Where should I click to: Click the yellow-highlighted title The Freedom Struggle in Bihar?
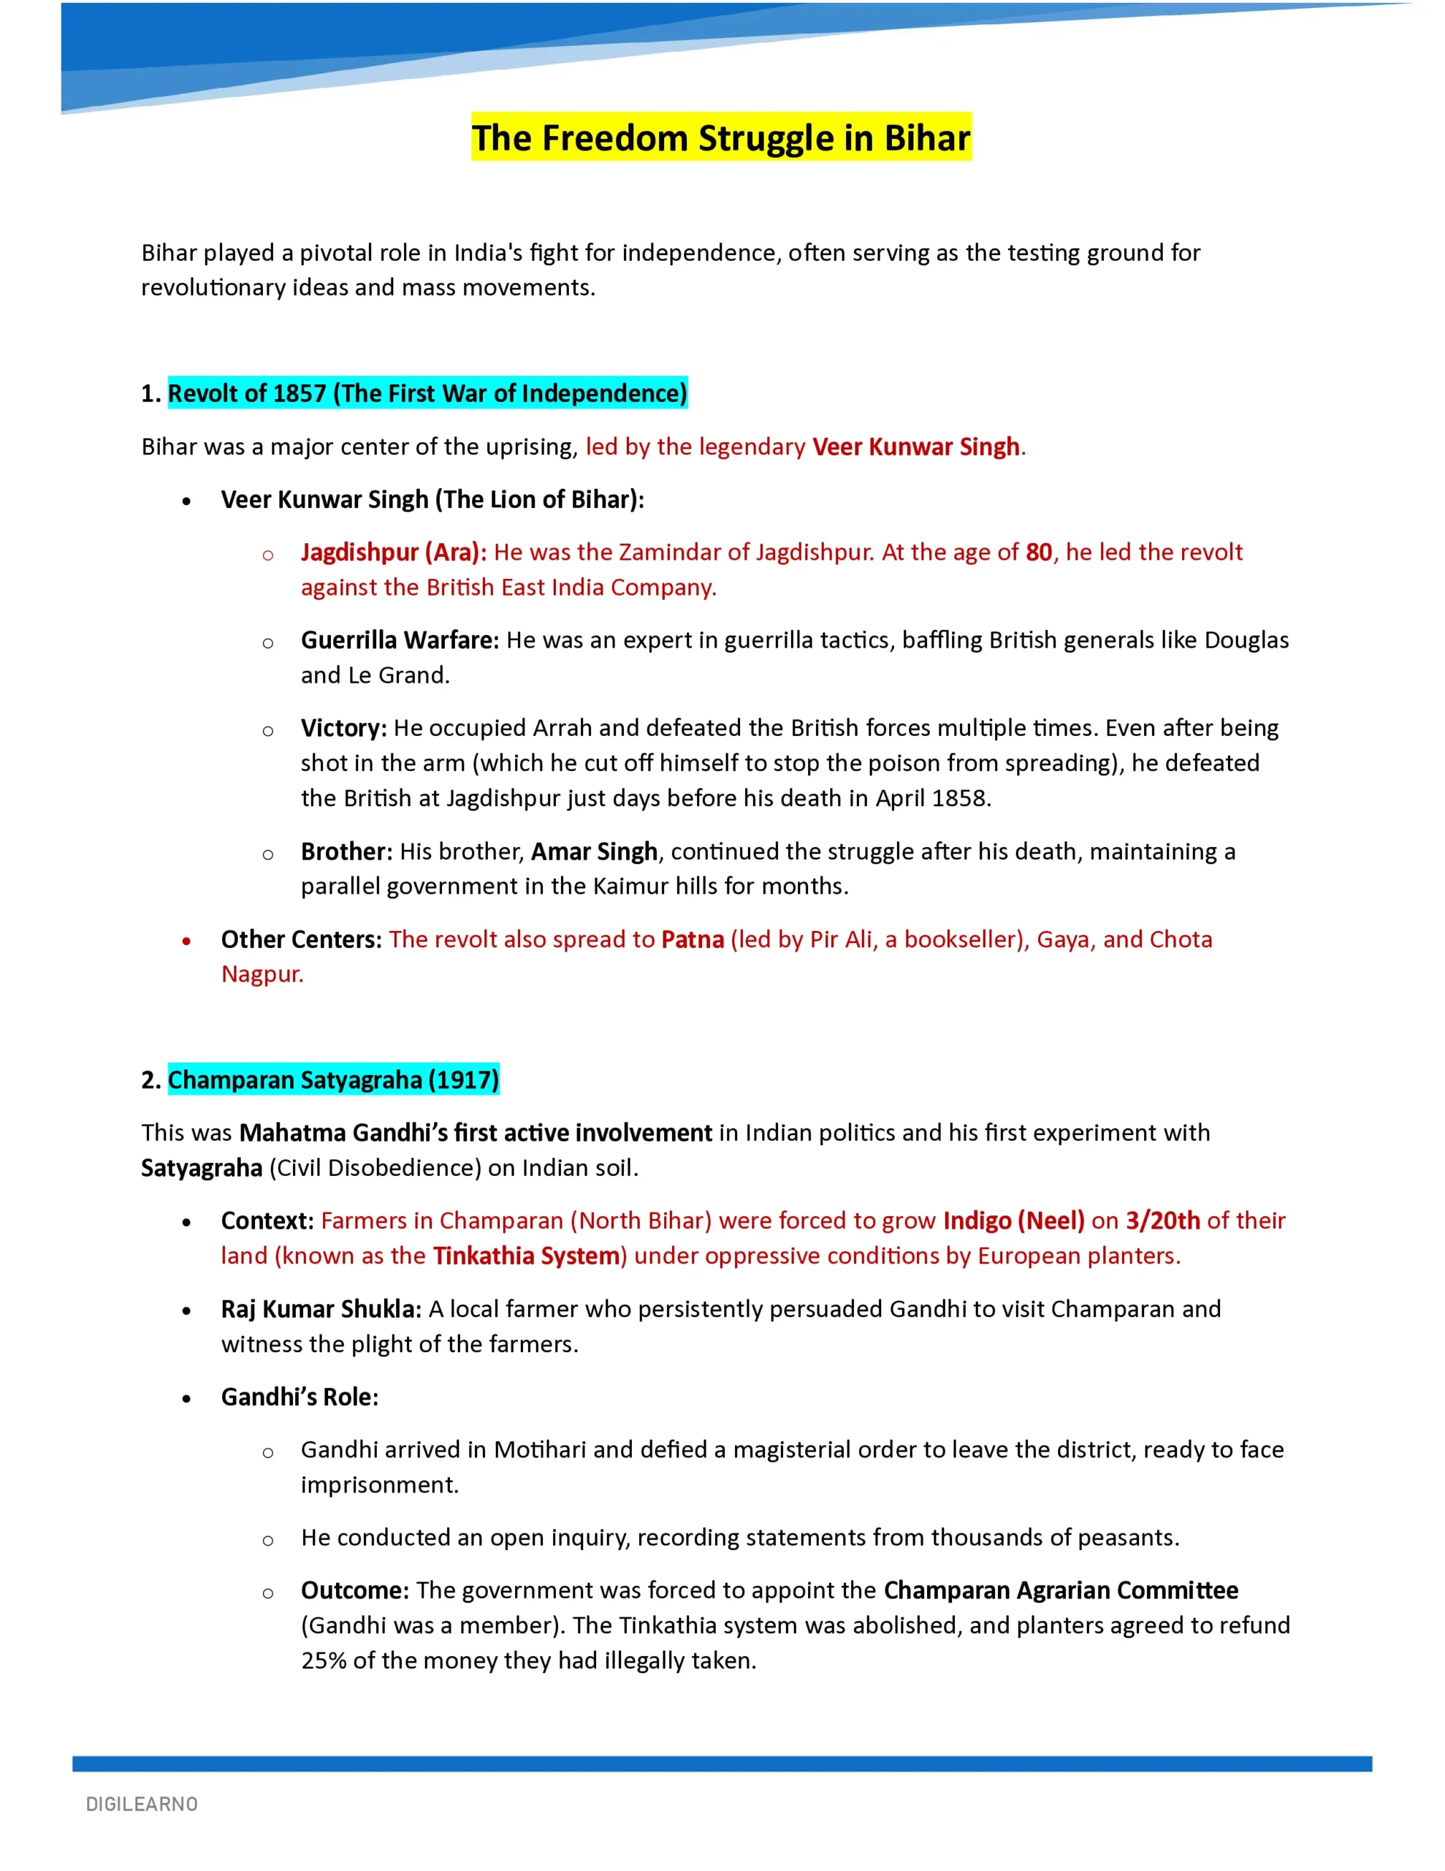tap(720, 138)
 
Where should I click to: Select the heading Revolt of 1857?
tap(427, 393)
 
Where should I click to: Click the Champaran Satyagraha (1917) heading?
tap(332, 1079)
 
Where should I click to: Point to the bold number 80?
tap(1038, 553)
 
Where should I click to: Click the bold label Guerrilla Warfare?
tap(399, 640)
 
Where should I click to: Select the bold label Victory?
tap(343, 728)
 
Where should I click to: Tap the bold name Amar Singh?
tap(594, 851)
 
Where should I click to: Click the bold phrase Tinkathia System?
tap(526, 1256)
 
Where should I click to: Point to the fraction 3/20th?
tap(1162, 1221)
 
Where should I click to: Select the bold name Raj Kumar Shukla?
tap(321, 1309)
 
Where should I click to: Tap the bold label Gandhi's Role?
tap(299, 1397)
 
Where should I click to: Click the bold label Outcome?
tap(354, 1591)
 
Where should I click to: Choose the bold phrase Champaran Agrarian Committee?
tap(1061, 1591)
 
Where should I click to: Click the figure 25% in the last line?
tap(323, 1661)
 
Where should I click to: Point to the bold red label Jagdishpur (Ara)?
tap(393, 553)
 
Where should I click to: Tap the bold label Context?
tap(267, 1221)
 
